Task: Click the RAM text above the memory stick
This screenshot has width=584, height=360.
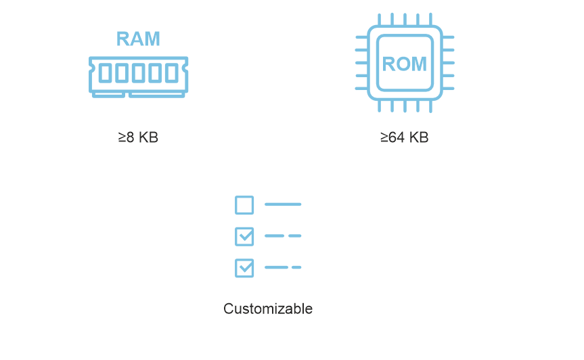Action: (x=138, y=39)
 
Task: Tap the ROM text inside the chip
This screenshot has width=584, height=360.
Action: (x=405, y=64)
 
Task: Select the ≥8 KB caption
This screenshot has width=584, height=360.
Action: (x=138, y=137)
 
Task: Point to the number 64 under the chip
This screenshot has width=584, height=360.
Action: (x=396, y=137)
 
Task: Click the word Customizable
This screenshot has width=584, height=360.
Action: (x=268, y=309)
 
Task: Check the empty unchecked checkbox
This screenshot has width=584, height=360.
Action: (x=244, y=204)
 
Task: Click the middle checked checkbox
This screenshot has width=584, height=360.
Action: (x=244, y=236)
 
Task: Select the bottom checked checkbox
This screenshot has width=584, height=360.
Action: (x=244, y=268)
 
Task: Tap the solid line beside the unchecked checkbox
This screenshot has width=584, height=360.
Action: (x=283, y=204)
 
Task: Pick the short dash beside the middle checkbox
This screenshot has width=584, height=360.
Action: (x=295, y=236)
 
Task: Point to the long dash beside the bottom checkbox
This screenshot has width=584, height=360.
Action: (x=276, y=268)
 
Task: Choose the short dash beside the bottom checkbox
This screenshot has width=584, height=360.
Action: (x=296, y=268)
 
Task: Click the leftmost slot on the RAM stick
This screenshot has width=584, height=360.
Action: (x=106, y=73)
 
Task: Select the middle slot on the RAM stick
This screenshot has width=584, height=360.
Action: (x=139, y=73)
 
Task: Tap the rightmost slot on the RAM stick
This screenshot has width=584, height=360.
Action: (x=172, y=73)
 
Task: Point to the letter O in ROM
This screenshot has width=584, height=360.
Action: (x=403, y=64)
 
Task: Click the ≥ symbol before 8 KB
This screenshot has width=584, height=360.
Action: (x=122, y=137)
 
